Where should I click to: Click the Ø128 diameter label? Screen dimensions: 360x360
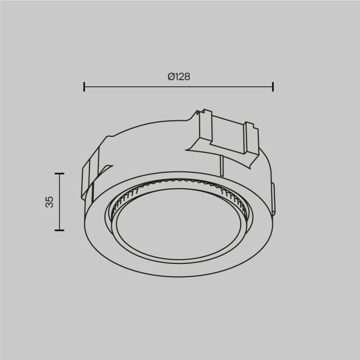[178, 77]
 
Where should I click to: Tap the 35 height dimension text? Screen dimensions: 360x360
[49, 202]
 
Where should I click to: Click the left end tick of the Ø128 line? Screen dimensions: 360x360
[84, 86]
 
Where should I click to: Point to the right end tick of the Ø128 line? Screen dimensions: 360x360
[273, 86]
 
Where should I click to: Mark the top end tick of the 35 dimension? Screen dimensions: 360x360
[60, 174]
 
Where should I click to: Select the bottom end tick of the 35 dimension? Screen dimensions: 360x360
[60, 230]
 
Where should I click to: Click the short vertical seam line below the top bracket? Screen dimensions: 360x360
[221, 166]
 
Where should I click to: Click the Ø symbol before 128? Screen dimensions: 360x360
[170, 77]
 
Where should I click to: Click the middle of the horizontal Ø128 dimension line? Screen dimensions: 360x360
[178, 86]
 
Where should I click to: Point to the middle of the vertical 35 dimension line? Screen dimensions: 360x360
[60, 202]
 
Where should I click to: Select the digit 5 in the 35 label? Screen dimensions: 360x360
[49, 198]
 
